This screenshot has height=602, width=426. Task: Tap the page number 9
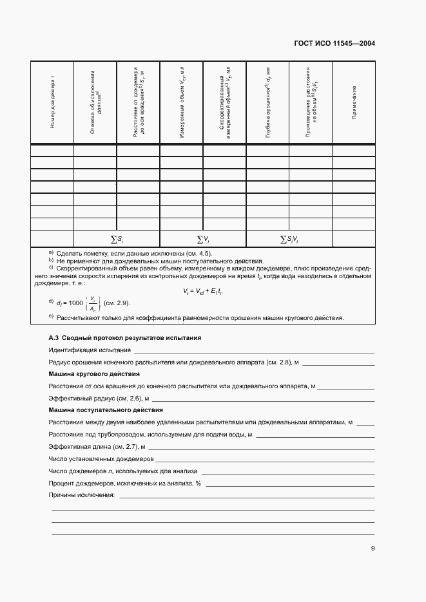pyautogui.click(x=373, y=549)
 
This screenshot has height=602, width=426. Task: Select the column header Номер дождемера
pyautogui.click(x=52, y=101)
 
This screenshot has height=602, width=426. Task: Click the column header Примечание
pyautogui.click(x=354, y=101)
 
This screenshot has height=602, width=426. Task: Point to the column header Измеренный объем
pyautogui.click(x=182, y=101)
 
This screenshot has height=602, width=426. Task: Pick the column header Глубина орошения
pyautogui.click(x=267, y=101)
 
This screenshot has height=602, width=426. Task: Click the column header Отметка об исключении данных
pyautogui.click(x=95, y=101)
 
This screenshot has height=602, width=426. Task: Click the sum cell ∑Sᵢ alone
pyautogui.click(x=117, y=240)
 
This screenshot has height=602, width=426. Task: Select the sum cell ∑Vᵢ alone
pyautogui.click(x=203, y=240)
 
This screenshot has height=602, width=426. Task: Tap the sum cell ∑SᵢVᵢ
pyautogui.click(x=289, y=240)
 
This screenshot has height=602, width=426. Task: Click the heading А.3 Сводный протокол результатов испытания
pyautogui.click(x=125, y=337)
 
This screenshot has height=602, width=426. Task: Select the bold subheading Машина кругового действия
pyautogui.click(x=95, y=374)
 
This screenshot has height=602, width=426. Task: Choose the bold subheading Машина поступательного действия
pyautogui.click(x=106, y=410)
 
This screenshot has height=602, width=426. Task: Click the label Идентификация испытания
pyautogui.click(x=88, y=350)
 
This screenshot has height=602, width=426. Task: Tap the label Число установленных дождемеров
pyautogui.click(x=101, y=459)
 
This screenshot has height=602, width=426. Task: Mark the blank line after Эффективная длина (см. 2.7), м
pyautogui.click(x=260, y=447)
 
